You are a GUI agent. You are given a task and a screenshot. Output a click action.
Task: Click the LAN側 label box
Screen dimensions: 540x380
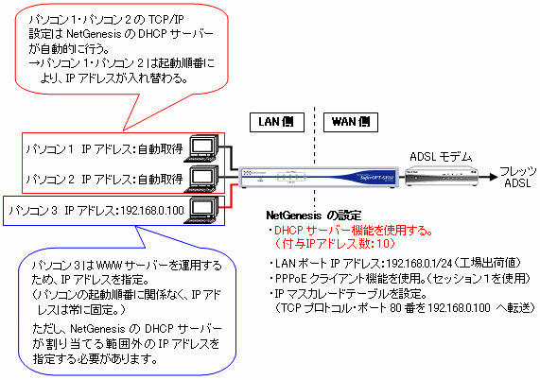[277, 122]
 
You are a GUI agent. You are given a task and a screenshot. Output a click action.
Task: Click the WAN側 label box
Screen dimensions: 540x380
[351, 122]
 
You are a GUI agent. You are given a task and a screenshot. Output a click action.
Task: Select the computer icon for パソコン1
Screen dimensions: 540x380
[201, 148]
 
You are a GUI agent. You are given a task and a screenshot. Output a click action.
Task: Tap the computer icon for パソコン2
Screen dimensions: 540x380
[201, 179]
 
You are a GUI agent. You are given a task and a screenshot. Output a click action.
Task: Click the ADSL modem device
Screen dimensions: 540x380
[442, 177]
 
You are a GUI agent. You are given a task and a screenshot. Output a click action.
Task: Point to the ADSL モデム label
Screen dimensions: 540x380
[441, 157]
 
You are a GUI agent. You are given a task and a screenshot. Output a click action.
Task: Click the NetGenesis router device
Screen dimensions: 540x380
[319, 178]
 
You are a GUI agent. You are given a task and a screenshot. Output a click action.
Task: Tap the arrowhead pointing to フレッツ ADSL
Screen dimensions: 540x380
[494, 177]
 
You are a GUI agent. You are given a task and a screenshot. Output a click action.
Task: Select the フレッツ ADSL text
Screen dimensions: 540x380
[517, 177]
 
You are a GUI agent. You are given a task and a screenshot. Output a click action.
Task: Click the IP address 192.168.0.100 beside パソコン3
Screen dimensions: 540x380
[152, 210]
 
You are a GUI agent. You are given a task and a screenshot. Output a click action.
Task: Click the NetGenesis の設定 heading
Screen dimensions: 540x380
[314, 216]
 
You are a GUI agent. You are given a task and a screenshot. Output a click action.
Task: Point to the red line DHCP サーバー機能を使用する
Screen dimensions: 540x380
[354, 231]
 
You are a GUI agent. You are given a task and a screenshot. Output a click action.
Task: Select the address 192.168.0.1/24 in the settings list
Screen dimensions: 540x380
[419, 264]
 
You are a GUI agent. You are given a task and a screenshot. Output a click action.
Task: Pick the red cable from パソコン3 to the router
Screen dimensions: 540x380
[231, 197]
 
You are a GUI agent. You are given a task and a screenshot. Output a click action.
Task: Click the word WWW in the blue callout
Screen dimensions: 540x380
[110, 266]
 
